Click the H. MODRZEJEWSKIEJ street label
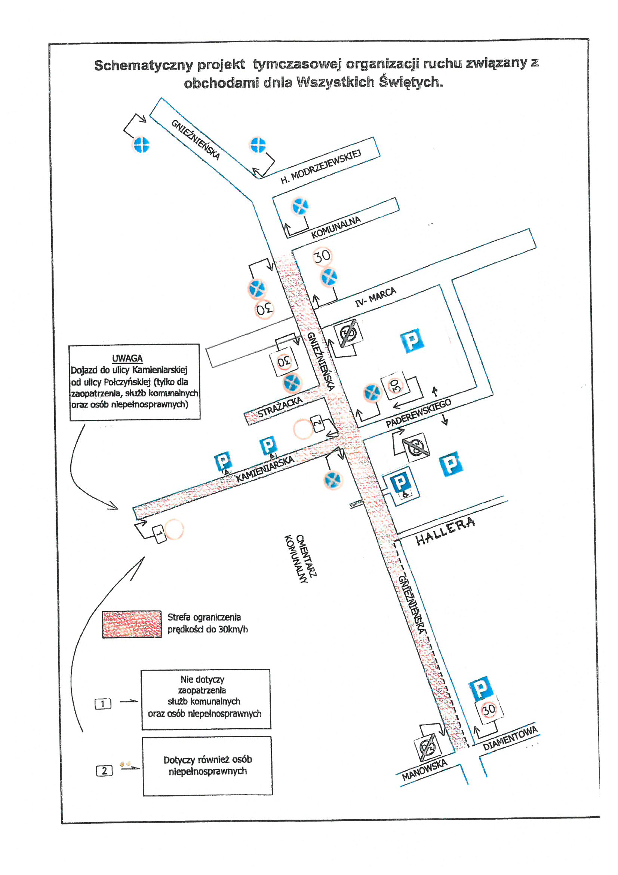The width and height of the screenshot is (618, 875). coord(321,167)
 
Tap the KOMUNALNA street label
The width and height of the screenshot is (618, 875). coord(336,228)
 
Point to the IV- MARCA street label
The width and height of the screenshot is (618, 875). coord(375,297)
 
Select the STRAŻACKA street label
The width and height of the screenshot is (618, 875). coord(280,408)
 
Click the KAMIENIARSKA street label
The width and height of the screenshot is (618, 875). coord(265,469)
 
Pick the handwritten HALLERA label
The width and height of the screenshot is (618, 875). coord(446,531)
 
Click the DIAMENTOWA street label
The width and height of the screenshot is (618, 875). coord(510,738)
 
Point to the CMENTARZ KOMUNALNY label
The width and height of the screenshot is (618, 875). coord(301,559)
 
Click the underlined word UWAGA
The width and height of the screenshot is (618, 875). coord(127,358)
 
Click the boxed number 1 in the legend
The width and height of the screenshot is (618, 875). coord(103,704)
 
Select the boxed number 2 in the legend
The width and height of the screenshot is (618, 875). coord(104,771)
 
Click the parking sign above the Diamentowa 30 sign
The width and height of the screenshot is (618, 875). coord(481,688)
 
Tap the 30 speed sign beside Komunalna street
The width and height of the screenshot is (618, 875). coord(322,256)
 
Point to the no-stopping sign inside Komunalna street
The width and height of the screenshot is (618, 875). coord(300,206)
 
